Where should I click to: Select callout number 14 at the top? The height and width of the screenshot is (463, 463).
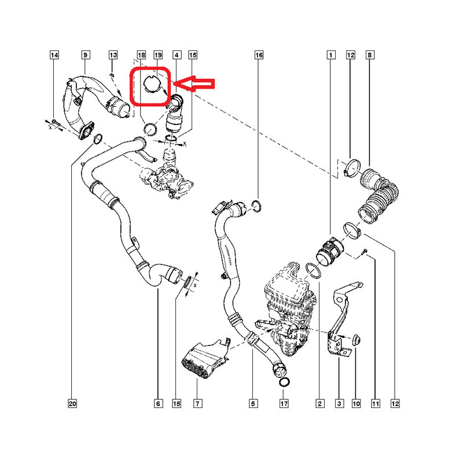pyautogui.click(x=54, y=55)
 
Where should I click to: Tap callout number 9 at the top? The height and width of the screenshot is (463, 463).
pyautogui.click(x=85, y=55)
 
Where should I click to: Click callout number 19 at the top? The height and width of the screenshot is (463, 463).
pyautogui.click(x=158, y=55)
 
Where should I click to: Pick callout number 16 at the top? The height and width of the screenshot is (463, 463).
pyautogui.click(x=259, y=55)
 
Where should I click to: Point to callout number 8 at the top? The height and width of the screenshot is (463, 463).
pyautogui.click(x=370, y=55)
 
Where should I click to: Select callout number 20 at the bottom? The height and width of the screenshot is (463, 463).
pyautogui.click(x=72, y=403)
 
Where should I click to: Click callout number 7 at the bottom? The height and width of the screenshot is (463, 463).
pyautogui.click(x=197, y=403)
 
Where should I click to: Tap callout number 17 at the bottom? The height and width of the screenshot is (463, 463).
pyautogui.click(x=284, y=403)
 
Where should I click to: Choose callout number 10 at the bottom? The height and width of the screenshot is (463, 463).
pyautogui.click(x=356, y=403)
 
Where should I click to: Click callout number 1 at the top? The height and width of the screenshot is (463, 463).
pyautogui.click(x=330, y=55)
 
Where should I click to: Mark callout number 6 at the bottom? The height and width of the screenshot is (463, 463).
pyautogui.click(x=158, y=403)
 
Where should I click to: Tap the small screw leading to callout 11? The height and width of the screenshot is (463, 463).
pyautogui.click(x=365, y=251)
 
